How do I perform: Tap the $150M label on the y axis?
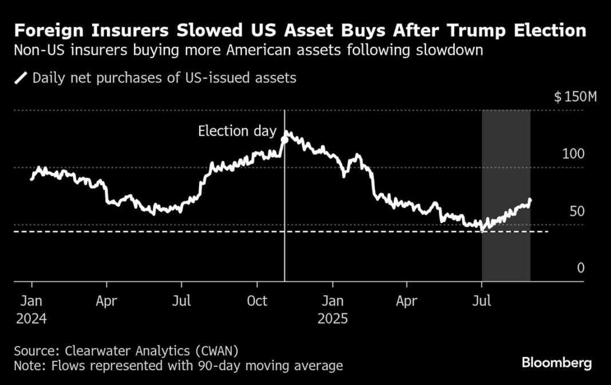(576, 96)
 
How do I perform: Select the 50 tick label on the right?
(577, 211)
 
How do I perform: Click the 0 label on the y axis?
(581, 268)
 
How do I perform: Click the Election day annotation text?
(237, 131)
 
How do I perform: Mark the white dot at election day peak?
(285, 139)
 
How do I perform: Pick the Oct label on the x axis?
(257, 301)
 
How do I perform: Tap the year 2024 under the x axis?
(31, 318)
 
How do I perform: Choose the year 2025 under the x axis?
(333, 318)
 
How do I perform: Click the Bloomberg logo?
(557, 363)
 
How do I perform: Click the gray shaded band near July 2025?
(506, 172)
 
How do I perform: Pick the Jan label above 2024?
(31, 301)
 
